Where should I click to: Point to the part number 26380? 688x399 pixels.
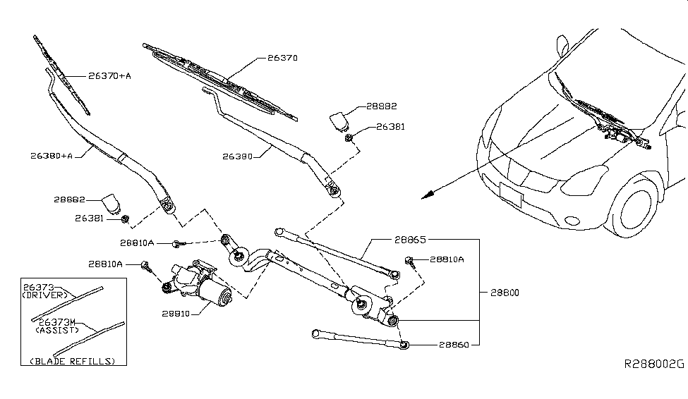pyautogui.click(x=241, y=156)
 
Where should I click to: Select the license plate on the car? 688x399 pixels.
pyautogui.click(x=510, y=195)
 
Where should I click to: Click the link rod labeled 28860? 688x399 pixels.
pyautogui.click(x=356, y=337)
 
